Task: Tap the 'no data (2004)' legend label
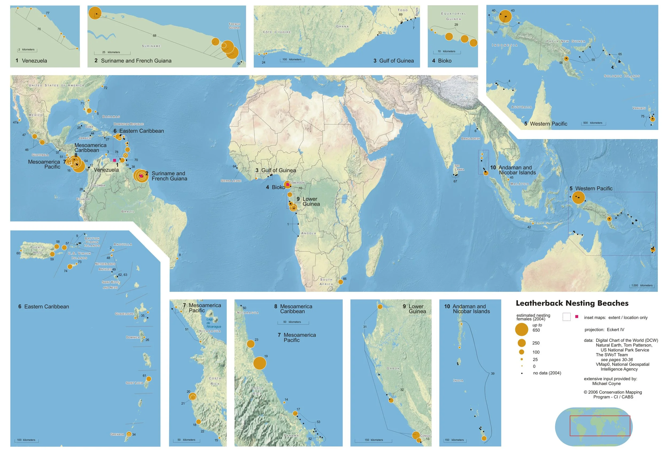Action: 546,373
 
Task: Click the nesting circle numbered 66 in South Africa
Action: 340,282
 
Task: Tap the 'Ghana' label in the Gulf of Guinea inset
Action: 342,26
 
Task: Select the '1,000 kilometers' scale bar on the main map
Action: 642,286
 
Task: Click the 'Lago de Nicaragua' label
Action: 213,323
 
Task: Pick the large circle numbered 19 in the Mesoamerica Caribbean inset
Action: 259,363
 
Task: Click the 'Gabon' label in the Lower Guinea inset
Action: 393,369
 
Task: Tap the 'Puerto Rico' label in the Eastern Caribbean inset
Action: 37,250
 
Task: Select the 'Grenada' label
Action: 117,434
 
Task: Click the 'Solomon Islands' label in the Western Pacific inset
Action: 622,76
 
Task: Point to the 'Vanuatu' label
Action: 639,108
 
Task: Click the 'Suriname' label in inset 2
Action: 151,46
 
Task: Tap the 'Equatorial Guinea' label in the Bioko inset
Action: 453,16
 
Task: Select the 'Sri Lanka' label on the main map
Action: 459,168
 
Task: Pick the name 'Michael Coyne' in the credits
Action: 606,384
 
